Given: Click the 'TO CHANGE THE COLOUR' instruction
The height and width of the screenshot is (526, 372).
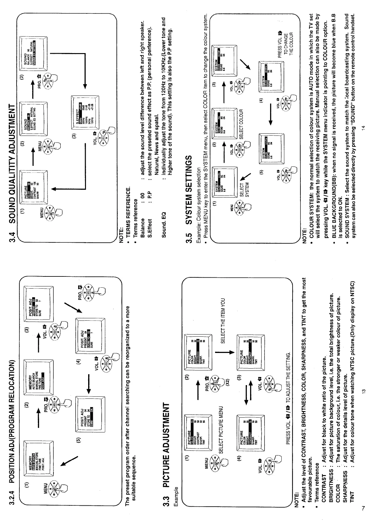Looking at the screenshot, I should pos(288,44).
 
